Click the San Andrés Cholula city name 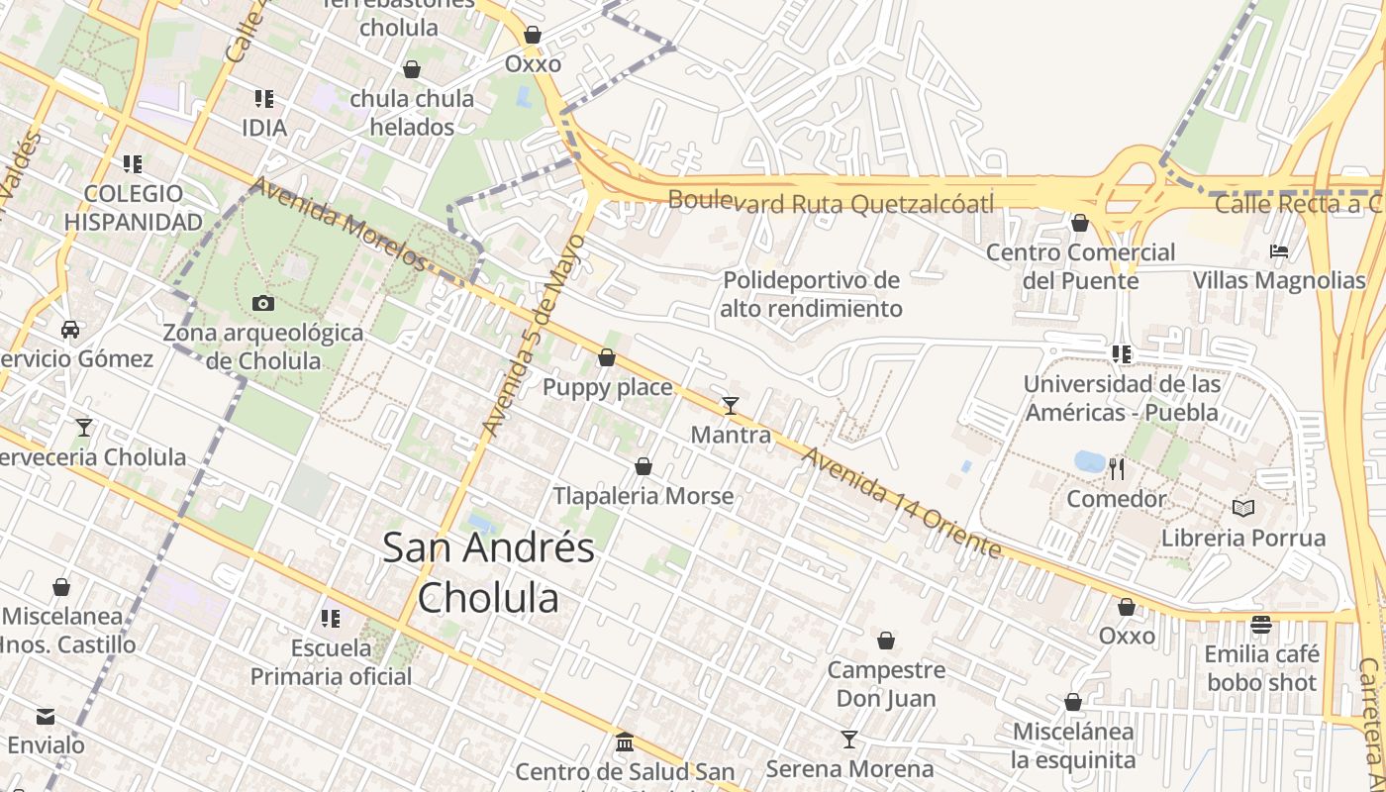tap(488, 572)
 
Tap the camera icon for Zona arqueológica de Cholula tap(263, 303)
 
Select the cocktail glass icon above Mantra tap(731, 405)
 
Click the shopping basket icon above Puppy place tap(607, 357)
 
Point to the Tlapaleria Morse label tap(643, 496)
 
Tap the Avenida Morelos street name tap(338, 223)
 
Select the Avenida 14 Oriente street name tap(901, 502)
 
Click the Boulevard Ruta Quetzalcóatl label tap(830, 202)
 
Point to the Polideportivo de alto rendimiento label tap(812, 295)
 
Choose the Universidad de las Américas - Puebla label tap(1122, 398)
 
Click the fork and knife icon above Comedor tap(1117, 468)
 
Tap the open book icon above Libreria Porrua tap(1243, 509)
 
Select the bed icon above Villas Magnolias tap(1279, 251)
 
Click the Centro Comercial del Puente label tap(1080, 266)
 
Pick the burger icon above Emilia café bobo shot tap(1261, 625)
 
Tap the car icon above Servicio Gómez tap(70, 329)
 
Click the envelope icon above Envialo tap(46, 716)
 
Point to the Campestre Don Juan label tap(886, 684)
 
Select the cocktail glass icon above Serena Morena tap(849, 739)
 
